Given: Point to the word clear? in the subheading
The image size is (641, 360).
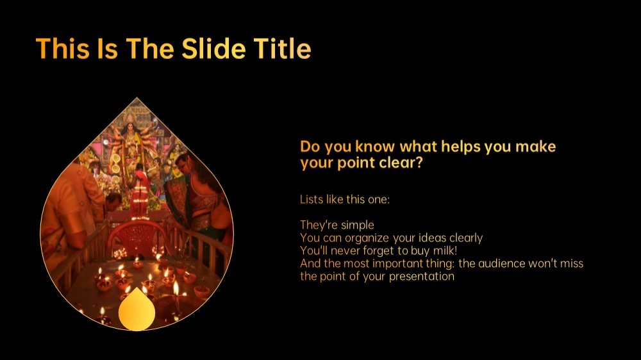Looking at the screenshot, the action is (x=401, y=163).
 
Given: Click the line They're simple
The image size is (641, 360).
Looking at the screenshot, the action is (x=337, y=225).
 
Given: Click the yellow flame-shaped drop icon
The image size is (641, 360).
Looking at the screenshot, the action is (x=137, y=311).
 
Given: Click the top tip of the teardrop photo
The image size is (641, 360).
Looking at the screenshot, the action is (x=137, y=97).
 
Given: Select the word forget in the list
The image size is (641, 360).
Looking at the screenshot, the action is (x=378, y=250).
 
